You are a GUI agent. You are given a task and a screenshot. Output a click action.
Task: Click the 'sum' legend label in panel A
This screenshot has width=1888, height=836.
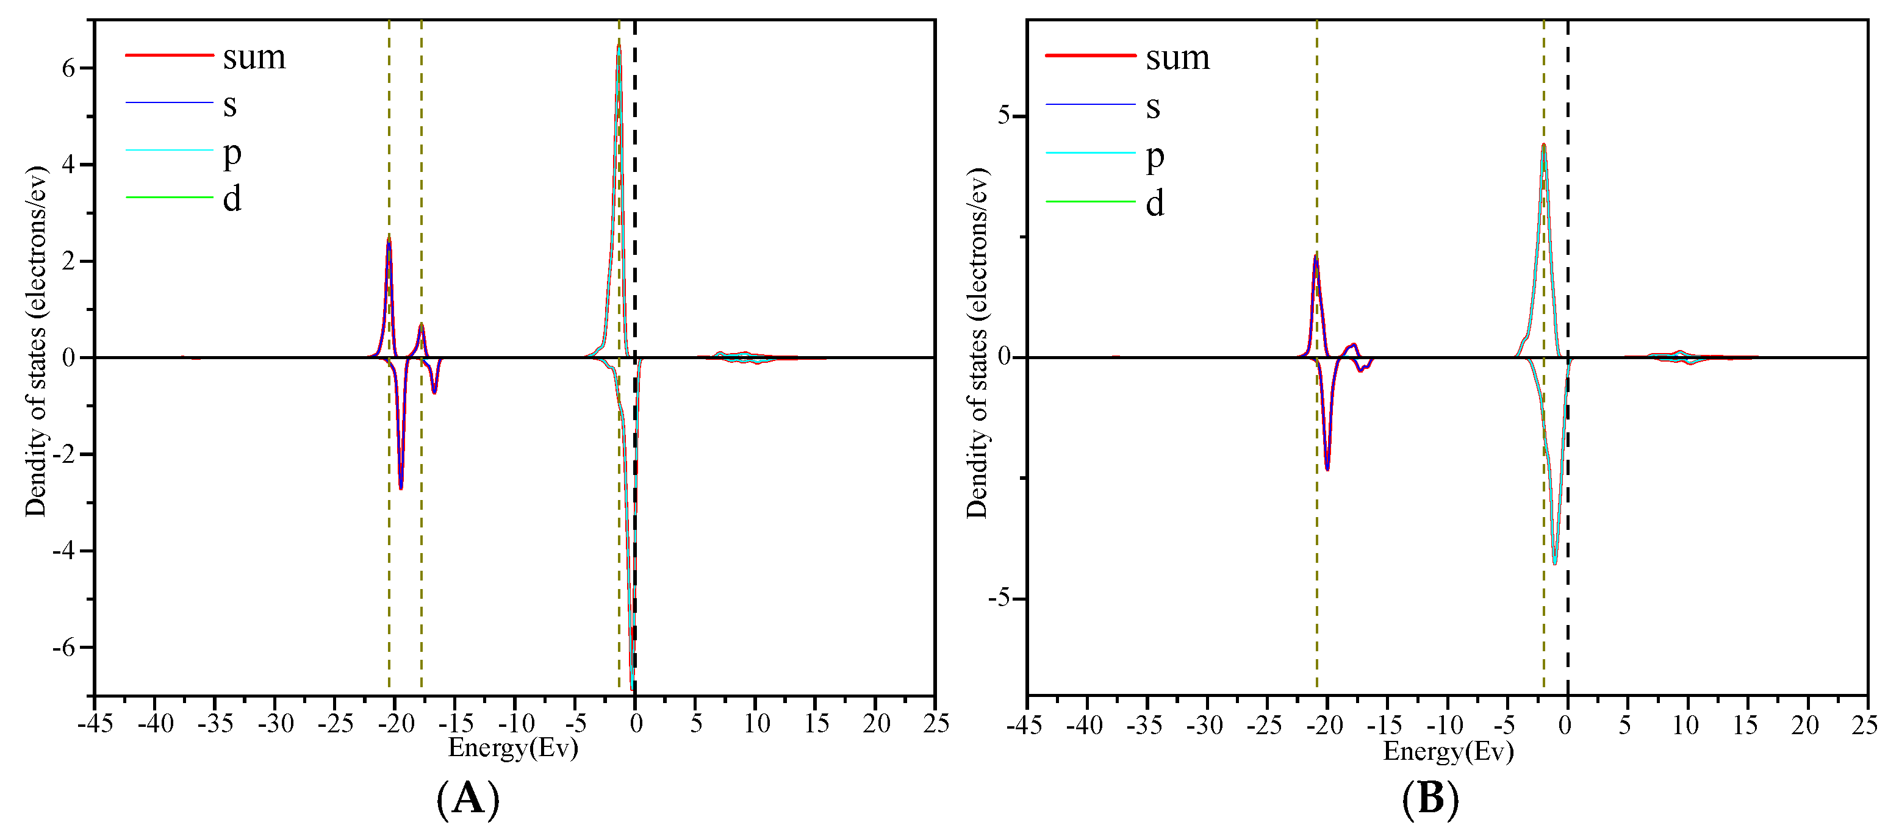point(254,57)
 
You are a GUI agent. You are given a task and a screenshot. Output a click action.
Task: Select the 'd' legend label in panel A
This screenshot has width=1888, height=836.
point(232,199)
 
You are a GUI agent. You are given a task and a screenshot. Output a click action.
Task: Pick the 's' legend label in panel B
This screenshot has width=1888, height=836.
point(1153,108)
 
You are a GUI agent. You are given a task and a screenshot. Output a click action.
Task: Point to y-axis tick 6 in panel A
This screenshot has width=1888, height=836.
point(68,68)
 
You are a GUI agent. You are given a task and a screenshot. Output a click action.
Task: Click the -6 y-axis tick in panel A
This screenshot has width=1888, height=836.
point(64,648)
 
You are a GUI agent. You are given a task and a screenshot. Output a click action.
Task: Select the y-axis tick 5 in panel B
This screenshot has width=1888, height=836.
point(1003,116)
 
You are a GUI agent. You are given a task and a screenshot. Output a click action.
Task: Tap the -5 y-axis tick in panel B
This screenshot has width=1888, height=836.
point(999,599)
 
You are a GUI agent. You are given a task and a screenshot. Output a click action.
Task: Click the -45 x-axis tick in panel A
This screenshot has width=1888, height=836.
point(95,724)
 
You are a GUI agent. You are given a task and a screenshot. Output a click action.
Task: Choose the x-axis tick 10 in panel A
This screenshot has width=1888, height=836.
point(756,724)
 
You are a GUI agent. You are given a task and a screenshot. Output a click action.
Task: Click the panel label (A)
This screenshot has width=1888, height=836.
point(468,799)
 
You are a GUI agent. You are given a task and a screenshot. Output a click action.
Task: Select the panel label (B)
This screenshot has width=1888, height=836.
point(1430,799)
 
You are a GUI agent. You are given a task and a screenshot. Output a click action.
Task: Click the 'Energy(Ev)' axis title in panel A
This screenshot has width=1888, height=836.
point(513,748)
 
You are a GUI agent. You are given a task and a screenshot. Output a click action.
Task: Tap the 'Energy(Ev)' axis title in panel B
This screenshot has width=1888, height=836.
point(1448,751)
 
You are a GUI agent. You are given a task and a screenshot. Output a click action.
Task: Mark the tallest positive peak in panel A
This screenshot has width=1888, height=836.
point(619,45)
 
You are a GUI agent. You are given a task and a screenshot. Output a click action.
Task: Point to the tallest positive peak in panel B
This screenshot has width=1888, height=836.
point(1543,145)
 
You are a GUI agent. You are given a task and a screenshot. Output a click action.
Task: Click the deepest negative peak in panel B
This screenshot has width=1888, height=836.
point(1554,563)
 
